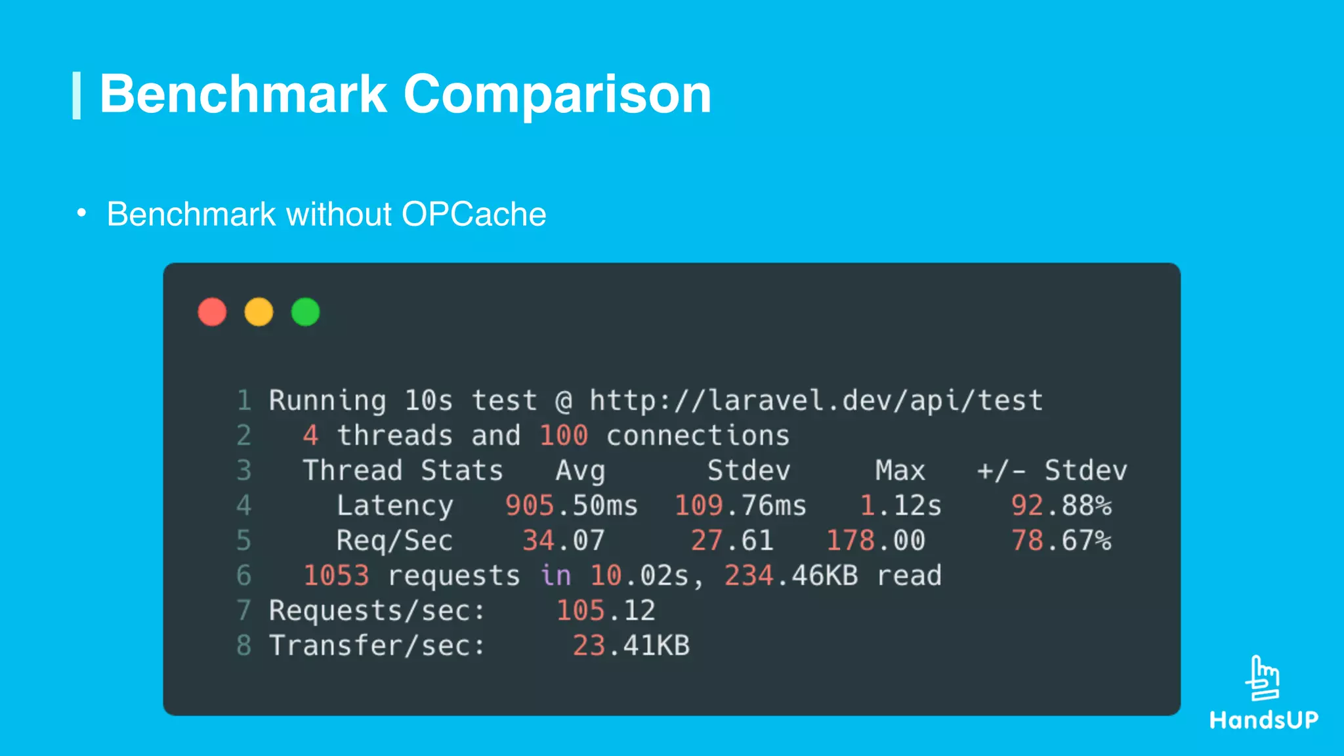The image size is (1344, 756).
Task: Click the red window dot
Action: [x=212, y=312]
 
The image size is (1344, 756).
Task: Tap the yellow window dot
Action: [x=259, y=312]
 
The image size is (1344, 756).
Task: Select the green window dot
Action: [x=305, y=312]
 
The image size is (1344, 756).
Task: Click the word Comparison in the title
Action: [x=557, y=94]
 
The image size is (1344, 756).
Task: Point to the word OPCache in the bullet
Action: [x=473, y=214]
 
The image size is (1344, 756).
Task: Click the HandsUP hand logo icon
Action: [x=1263, y=678]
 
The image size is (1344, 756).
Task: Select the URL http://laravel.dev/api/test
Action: [x=816, y=400]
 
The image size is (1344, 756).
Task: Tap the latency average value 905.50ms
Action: [x=571, y=505]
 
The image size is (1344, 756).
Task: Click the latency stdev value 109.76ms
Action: [x=740, y=505]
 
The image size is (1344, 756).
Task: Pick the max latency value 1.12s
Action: [x=900, y=505]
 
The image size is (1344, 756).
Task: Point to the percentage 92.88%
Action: [x=1061, y=505]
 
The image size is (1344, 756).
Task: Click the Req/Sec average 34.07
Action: [x=563, y=541]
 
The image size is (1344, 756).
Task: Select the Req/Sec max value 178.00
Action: [x=875, y=541]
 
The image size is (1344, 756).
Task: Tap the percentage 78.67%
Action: [x=1061, y=541]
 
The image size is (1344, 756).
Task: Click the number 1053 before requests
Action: [x=336, y=576]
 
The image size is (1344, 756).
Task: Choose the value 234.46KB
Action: [x=791, y=576]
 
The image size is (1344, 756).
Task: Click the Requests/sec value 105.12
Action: [x=605, y=610]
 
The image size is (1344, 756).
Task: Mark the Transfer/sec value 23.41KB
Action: [x=631, y=646]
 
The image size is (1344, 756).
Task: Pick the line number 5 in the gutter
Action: [x=243, y=541]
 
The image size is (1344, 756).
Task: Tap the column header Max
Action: [x=900, y=471]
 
